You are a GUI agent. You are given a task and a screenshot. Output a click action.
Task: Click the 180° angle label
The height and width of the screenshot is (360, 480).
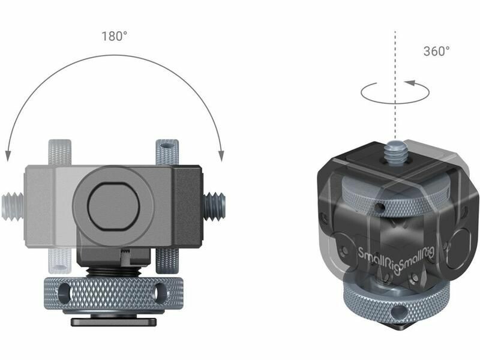pyautogui.click(x=114, y=36)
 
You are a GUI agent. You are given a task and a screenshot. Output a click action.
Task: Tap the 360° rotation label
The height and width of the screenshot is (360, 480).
pyautogui.click(x=437, y=51)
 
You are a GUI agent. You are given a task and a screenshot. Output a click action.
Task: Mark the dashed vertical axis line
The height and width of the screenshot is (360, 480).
pyautogui.click(x=395, y=85)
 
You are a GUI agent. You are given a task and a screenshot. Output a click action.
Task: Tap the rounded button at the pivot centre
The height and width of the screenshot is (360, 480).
pyautogui.click(x=113, y=206)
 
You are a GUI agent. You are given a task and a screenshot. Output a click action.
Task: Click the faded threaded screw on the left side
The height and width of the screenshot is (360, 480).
pyautogui.click(x=13, y=206)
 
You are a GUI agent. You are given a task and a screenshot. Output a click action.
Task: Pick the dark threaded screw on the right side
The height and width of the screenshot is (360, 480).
pyautogui.click(x=214, y=206)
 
